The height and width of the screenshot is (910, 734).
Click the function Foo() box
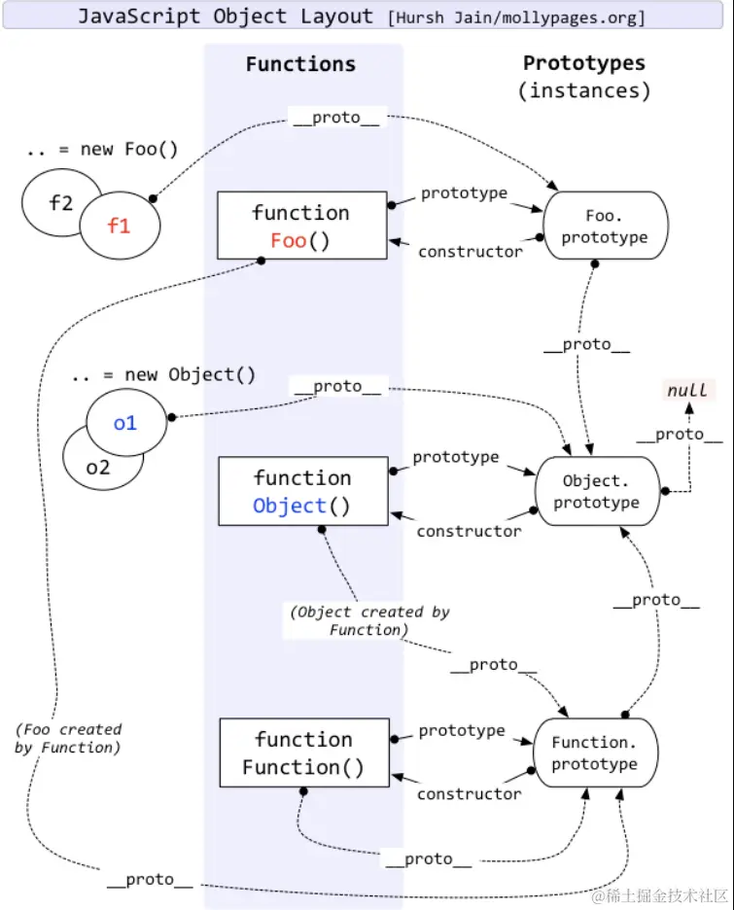(300, 226)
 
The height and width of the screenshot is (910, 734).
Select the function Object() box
(302, 491)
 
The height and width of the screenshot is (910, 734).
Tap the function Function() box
(303, 753)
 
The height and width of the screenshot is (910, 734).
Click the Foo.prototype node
(604, 226)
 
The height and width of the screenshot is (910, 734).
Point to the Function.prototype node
(595, 753)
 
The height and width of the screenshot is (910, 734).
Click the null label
(687, 391)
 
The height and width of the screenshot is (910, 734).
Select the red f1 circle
(119, 227)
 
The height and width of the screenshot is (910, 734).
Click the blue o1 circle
(125, 423)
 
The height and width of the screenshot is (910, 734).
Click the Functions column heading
(300, 65)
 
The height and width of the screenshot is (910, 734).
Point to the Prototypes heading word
(583, 63)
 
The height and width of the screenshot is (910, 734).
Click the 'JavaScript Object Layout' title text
(225, 17)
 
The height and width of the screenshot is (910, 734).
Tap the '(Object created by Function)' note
(368, 620)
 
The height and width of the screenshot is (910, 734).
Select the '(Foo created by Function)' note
(68, 738)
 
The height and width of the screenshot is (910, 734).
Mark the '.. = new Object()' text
(163, 374)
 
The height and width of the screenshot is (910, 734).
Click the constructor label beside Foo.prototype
(470, 252)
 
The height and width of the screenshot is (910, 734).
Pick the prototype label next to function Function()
(462, 730)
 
